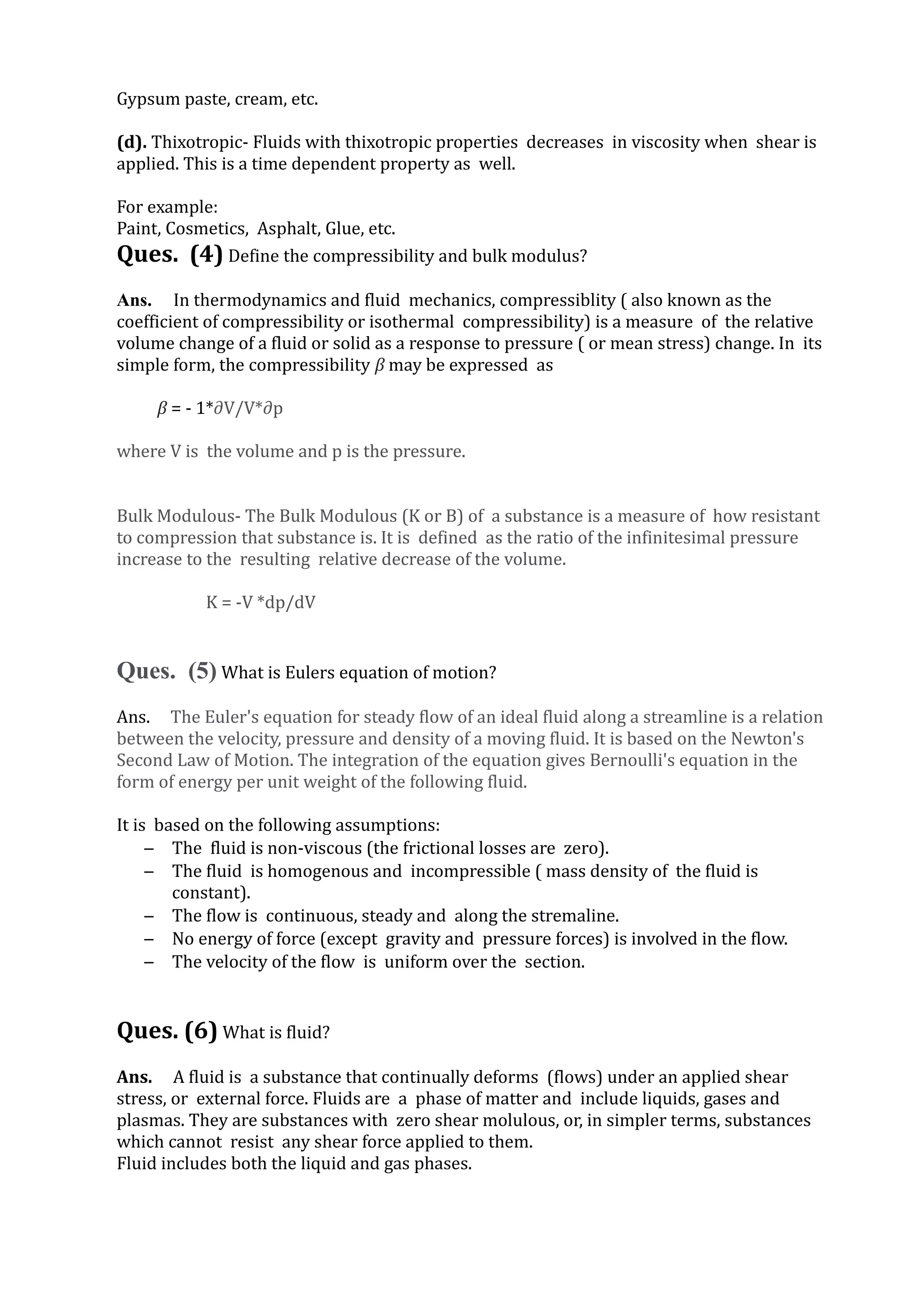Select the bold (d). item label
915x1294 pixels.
tap(131, 142)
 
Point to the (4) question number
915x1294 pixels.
tap(206, 255)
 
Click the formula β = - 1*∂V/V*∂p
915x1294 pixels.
tap(219, 408)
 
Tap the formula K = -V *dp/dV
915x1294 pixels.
tap(260, 602)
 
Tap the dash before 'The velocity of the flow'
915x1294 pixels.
tap(149, 962)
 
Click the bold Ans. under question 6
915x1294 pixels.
tap(134, 1077)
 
